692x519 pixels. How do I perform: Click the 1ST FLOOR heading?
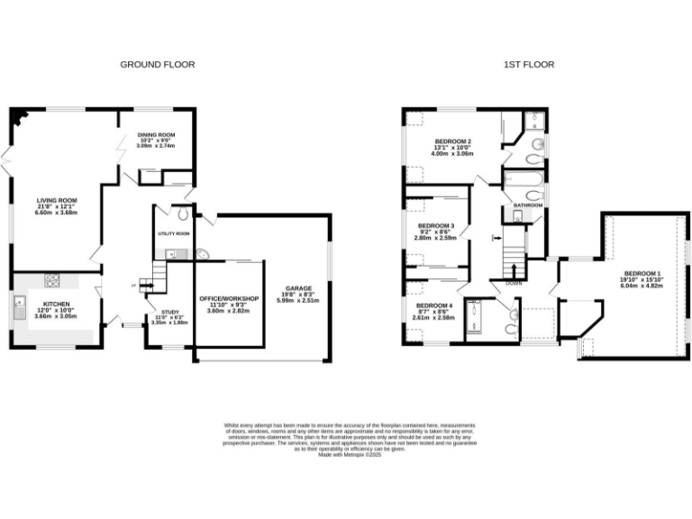click(x=530, y=65)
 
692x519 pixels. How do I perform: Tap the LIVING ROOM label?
click(x=56, y=200)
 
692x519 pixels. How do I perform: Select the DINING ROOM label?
click(x=156, y=134)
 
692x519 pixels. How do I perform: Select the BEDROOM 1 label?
click(x=641, y=273)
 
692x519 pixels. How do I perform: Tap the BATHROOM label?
click(x=528, y=205)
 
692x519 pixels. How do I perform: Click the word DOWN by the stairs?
click(x=514, y=283)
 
